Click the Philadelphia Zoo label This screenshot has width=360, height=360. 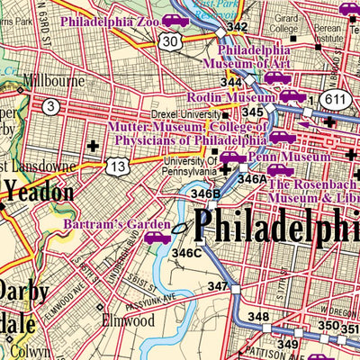click(x=110, y=21)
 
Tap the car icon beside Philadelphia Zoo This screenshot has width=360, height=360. click(x=175, y=20)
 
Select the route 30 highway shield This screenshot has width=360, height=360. click(x=170, y=41)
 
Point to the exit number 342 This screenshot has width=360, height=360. click(x=237, y=27)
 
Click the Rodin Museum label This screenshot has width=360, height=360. click(x=229, y=96)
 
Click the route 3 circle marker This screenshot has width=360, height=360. click(x=53, y=107)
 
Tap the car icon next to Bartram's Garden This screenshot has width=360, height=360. click(x=157, y=238)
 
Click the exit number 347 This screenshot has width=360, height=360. click(x=218, y=286)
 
